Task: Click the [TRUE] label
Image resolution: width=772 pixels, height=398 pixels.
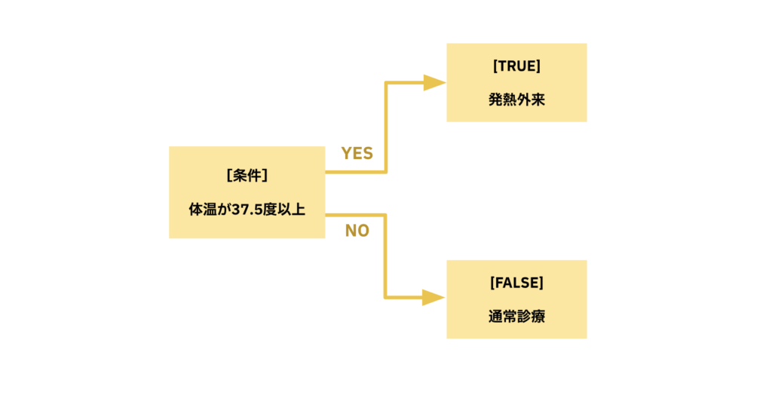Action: click(516, 66)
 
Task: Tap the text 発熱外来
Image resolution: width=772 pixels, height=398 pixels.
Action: click(516, 99)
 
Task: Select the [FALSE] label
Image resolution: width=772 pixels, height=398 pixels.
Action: click(516, 283)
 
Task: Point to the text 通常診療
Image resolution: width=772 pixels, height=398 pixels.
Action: click(516, 317)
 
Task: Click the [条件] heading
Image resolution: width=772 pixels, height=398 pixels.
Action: click(247, 176)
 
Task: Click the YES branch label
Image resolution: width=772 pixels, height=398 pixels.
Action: click(357, 153)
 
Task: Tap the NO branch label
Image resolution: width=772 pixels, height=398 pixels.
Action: click(357, 231)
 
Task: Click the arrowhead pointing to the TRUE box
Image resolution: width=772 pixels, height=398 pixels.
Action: click(434, 82)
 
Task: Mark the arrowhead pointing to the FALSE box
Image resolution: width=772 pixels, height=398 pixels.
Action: click(434, 297)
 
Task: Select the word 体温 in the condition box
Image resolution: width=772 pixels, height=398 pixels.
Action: click(203, 210)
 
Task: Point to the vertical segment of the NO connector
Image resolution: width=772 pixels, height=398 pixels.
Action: click(386, 256)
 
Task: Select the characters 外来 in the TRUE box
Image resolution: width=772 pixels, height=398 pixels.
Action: click(531, 99)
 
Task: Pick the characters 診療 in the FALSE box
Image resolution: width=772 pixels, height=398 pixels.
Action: click(531, 317)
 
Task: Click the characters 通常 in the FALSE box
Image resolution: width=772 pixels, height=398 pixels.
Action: click(502, 317)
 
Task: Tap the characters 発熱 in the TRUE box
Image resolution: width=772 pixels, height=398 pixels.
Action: click(502, 99)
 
